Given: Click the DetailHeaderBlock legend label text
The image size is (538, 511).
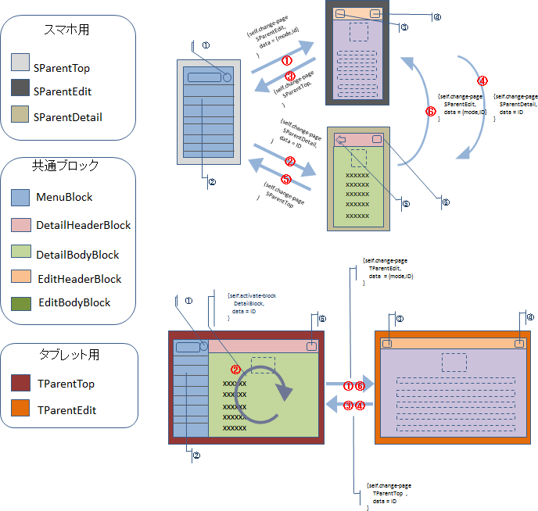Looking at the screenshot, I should coord(83,225).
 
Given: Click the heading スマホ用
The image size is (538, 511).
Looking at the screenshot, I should coord(68,30).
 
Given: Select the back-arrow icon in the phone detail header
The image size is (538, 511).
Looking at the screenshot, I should coord(341,139).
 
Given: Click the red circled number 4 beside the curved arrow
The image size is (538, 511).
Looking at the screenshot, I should coord(482,80).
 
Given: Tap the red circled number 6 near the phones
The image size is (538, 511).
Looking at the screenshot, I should coord(430,112).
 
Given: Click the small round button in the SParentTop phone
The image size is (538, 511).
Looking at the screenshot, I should coord(227,77).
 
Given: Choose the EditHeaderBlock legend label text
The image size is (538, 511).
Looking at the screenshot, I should coord(78,279).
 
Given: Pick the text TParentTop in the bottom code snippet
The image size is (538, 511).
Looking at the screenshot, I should coord(389,494).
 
